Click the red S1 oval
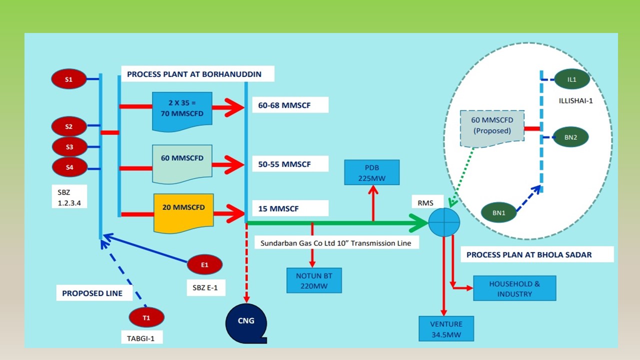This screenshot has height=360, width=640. coord(68,79)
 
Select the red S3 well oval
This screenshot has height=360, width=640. coord(69,147)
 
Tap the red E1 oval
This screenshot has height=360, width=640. coord(204,264)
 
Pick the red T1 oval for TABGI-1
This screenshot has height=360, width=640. coord(146,317)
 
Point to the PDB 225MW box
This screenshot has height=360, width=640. coord(372,172)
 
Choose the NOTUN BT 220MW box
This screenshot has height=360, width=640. coord(314,280)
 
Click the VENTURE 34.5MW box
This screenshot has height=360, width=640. coord(446,328)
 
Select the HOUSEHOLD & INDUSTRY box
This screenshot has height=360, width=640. coord(514,288)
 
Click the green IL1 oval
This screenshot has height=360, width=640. coord(572,79)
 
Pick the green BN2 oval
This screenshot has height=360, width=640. coord(570,137)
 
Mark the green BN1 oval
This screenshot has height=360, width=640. coord(499,212)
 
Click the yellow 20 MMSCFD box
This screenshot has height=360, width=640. coord(183,212)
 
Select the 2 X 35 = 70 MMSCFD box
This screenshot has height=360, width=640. coord(182,110)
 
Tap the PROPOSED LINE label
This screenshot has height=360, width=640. coord(92,293)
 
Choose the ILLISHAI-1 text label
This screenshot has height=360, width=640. coord(575,100)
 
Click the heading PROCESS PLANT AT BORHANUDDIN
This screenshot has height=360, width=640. coord(194,74)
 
